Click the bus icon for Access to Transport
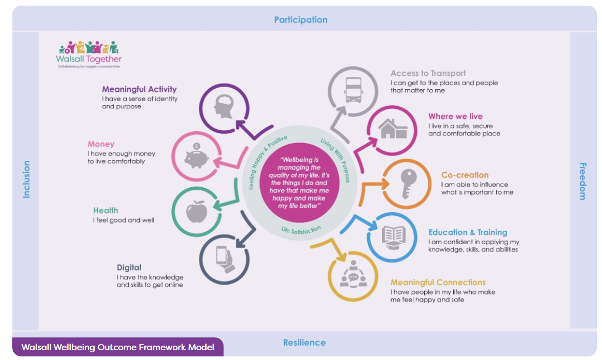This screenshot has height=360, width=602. pos(352,90)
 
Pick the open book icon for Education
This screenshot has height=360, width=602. pos(393,237)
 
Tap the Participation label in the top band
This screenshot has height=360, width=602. pos(300,20)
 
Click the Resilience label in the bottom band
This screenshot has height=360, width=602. pos(304,343)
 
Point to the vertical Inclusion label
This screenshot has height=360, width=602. pos(26,179)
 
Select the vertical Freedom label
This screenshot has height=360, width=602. pos(583,181)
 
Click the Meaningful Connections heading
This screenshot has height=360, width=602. pos(438,283)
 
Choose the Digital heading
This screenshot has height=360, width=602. pos(129,268)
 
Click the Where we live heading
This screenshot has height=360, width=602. pos(455,116)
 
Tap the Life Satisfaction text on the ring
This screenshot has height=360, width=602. pos(301,229)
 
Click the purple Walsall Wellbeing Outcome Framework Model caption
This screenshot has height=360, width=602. pos(118,347)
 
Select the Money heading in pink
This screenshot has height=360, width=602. pos(101,144)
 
